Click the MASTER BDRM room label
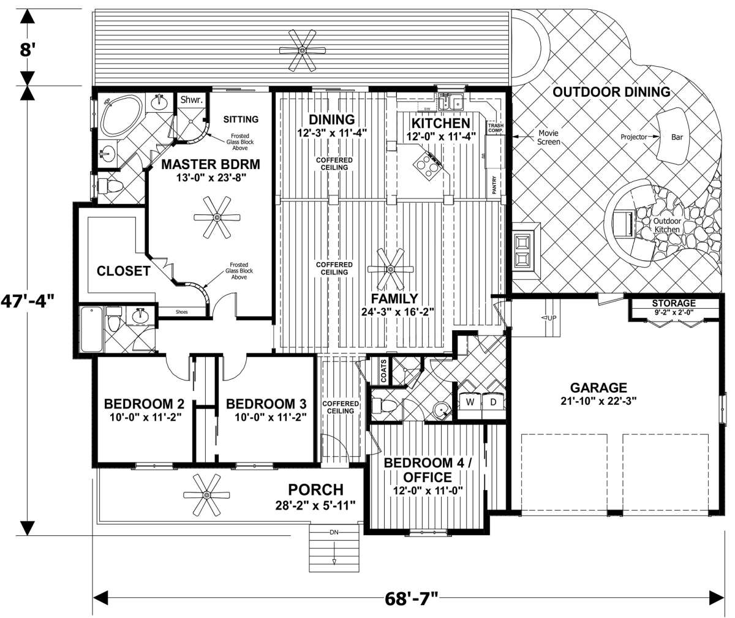click(x=211, y=164)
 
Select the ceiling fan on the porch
click(x=206, y=495)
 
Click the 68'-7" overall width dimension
click(x=411, y=598)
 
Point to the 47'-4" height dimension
click(x=28, y=301)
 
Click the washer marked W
click(x=470, y=402)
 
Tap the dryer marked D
click(x=493, y=402)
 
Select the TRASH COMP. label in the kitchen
click(x=496, y=128)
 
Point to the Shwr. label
click(x=192, y=100)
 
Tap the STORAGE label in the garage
click(x=674, y=303)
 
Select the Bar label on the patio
click(x=677, y=137)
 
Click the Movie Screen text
click(x=548, y=137)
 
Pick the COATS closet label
click(x=383, y=371)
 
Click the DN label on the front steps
click(x=334, y=532)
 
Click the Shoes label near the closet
click(x=182, y=312)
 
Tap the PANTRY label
click(x=494, y=185)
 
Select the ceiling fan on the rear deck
click(x=302, y=51)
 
